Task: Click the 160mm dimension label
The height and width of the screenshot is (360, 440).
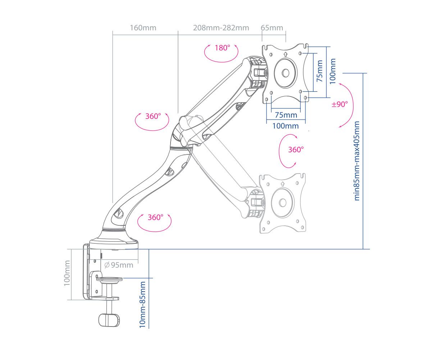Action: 143,28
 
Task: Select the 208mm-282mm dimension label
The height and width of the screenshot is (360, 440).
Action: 221,28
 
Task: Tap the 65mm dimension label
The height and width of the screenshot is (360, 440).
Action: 272,28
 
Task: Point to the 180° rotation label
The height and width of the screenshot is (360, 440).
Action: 222,48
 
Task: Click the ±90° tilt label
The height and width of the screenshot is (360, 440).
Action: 340,104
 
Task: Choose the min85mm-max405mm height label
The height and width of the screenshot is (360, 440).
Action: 357,161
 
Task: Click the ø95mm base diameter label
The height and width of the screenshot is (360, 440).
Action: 119,265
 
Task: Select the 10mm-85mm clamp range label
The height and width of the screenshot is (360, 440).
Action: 143,304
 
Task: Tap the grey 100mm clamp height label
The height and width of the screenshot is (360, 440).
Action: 67,273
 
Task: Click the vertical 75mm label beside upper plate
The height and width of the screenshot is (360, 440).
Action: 319,71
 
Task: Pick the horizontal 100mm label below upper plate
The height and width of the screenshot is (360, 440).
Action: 285,126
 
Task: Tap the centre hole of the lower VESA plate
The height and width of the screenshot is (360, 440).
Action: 283,203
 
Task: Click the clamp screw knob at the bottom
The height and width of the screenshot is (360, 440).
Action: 108,320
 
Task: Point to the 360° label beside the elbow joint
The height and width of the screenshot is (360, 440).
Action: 152,116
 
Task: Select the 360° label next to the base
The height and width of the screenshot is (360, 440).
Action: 155,217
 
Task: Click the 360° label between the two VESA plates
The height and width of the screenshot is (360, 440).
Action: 296,150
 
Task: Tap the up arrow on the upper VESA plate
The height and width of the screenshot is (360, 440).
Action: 285,54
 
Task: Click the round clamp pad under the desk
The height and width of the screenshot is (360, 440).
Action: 110,279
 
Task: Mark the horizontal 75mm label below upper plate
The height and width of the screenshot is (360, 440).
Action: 286,115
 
